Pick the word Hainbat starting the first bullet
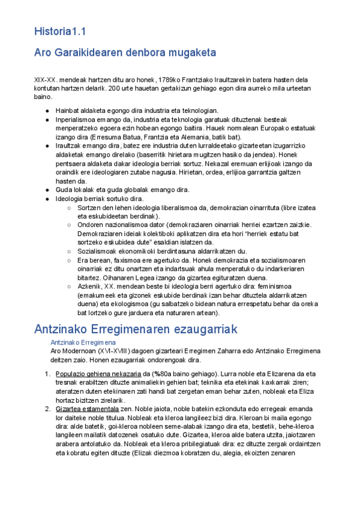(67, 110)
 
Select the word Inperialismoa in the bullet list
(76, 119)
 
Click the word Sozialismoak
(98, 251)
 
